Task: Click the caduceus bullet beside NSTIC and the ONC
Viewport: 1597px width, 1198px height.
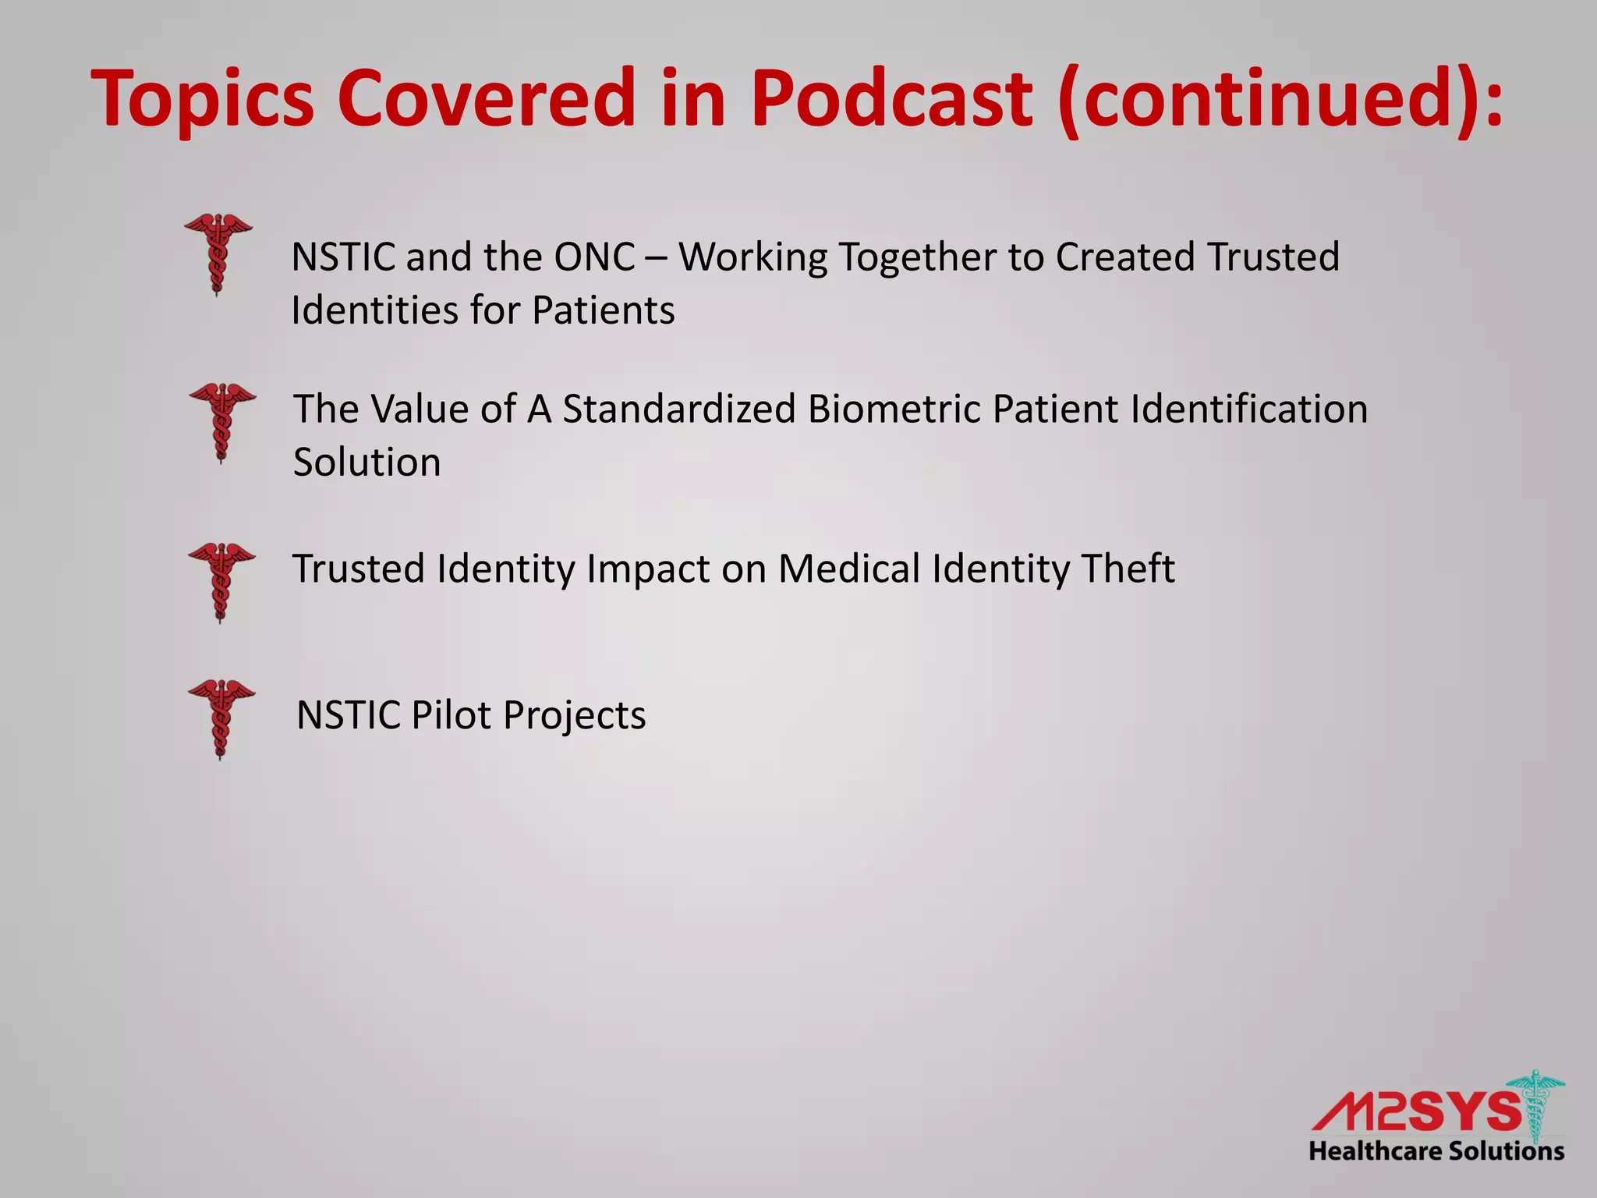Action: (x=218, y=253)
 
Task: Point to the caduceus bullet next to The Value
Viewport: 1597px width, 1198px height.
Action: (x=222, y=421)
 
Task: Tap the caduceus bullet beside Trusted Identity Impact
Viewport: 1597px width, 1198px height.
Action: (x=221, y=581)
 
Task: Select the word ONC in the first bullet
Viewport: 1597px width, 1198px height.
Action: (x=594, y=257)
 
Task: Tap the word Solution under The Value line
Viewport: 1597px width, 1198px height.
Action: (x=366, y=463)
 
